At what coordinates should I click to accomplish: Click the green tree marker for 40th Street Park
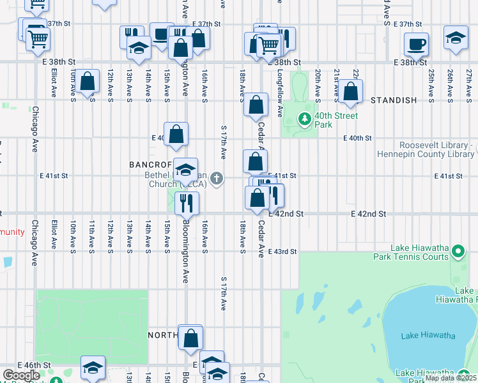pyautogui.click(x=305, y=119)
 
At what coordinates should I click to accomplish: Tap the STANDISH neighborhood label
pyautogui.click(x=394, y=100)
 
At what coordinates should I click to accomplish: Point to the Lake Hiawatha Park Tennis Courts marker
pyautogui.click(x=458, y=252)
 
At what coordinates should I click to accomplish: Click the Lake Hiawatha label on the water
pyautogui.click(x=428, y=336)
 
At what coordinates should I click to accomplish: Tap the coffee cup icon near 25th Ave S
pyautogui.click(x=416, y=44)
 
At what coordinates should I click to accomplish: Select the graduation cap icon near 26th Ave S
pyautogui.click(x=456, y=38)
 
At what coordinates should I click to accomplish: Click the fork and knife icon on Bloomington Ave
pyautogui.click(x=187, y=202)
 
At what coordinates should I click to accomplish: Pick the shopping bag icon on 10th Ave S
pyautogui.click(x=88, y=80)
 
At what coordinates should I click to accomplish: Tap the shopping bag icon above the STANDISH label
pyautogui.click(x=350, y=91)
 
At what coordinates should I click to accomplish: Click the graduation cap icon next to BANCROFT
pyautogui.click(x=185, y=170)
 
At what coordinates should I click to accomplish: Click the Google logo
pyautogui.click(x=21, y=375)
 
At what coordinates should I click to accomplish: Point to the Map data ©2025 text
pyautogui.click(x=450, y=378)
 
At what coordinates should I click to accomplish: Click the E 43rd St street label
pyautogui.click(x=282, y=252)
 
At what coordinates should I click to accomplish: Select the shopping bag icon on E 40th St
pyautogui.click(x=176, y=133)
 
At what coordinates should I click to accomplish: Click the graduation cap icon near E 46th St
pyautogui.click(x=92, y=367)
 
